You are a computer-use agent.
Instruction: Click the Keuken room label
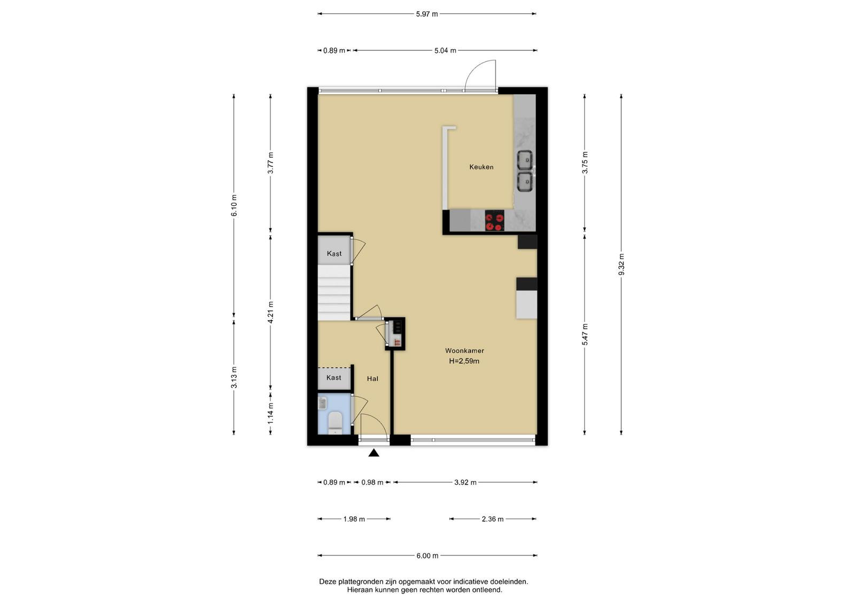tap(481, 167)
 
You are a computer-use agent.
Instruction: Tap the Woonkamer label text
tap(464, 351)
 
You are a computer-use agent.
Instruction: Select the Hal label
tap(372, 378)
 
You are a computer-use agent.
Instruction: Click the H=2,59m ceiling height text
tap(464, 361)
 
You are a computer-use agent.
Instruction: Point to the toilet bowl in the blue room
tap(335, 422)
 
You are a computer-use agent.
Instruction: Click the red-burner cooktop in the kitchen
tap(494, 221)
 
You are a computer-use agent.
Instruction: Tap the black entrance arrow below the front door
tap(374, 453)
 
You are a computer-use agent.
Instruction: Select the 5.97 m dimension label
tap(427, 14)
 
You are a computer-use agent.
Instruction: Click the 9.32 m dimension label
tap(621, 264)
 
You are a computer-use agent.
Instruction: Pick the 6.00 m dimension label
tap(427, 556)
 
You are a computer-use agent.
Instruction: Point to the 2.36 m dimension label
tap(492, 519)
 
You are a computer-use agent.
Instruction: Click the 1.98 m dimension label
tap(354, 519)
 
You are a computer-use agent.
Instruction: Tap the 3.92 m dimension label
tap(465, 483)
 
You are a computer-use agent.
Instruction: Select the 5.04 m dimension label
tap(445, 50)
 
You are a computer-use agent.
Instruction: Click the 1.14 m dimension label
tap(270, 413)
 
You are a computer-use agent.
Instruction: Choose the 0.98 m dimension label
tap(372, 483)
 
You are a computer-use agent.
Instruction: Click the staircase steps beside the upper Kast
tap(335, 293)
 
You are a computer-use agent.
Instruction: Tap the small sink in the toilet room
tap(323, 403)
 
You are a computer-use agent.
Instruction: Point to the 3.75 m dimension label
tap(585, 162)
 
